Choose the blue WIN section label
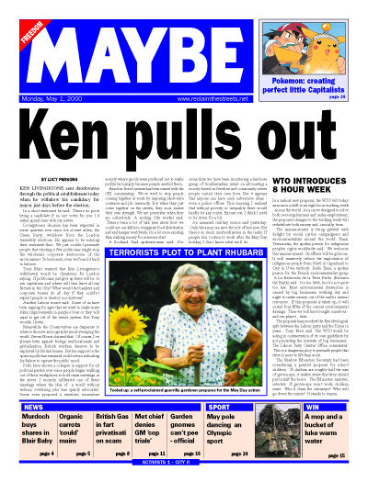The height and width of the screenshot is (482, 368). [x=313, y=405]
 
